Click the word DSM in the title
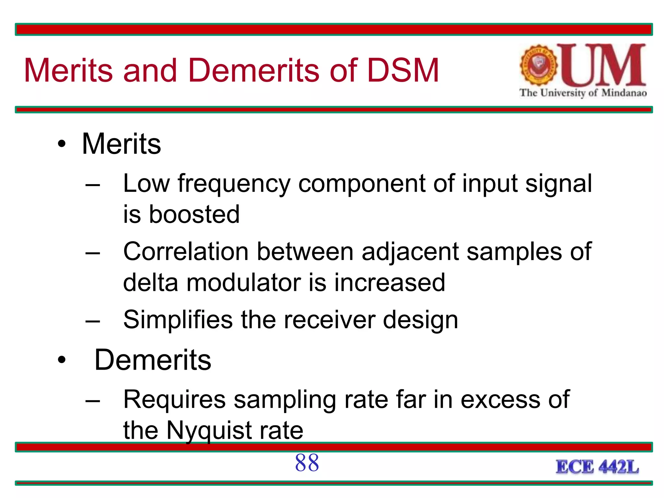(403, 70)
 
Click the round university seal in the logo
(539, 65)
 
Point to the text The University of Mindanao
(583, 93)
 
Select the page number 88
(307, 463)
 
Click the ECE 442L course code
(597, 467)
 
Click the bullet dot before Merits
(62, 144)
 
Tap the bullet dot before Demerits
(62, 360)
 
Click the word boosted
(194, 215)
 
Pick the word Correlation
(186, 252)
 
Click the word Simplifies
(178, 320)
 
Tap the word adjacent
(410, 252)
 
